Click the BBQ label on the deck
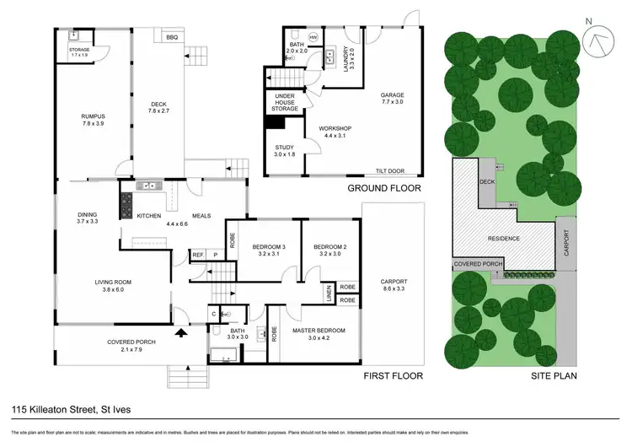pyautogui.click(x=172, y=37)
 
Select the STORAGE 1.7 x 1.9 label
pyautogui.click(x=73, y=52)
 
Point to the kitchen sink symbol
pyautogui.click(x=151, y=185)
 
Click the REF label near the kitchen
pyautogui.click(x=198, y=255)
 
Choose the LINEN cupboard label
pyautogui.click(x=328, y=293)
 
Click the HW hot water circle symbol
pyautogui.click(x=313, y=37)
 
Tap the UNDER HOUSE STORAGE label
pyautogui.click(x=284, y=104)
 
